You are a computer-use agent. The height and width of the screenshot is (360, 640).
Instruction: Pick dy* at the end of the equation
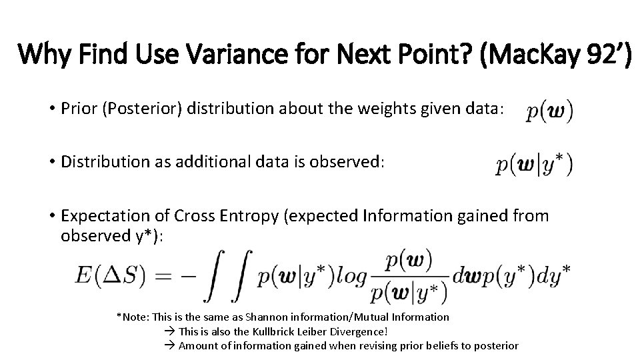point(558,275)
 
